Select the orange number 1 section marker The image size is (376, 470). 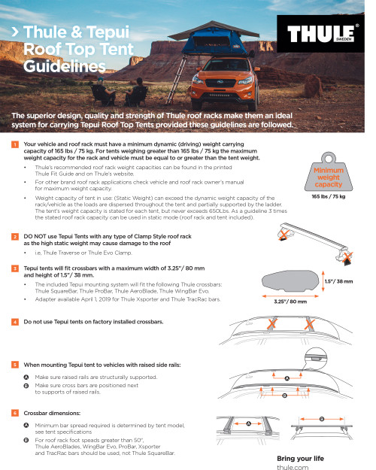click(15, 144)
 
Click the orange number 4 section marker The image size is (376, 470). click(15, 322)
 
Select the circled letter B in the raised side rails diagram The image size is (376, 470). click(284, 393)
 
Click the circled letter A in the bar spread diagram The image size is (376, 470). click(248, 423)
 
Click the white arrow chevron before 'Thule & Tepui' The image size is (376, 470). click(15, 33)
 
